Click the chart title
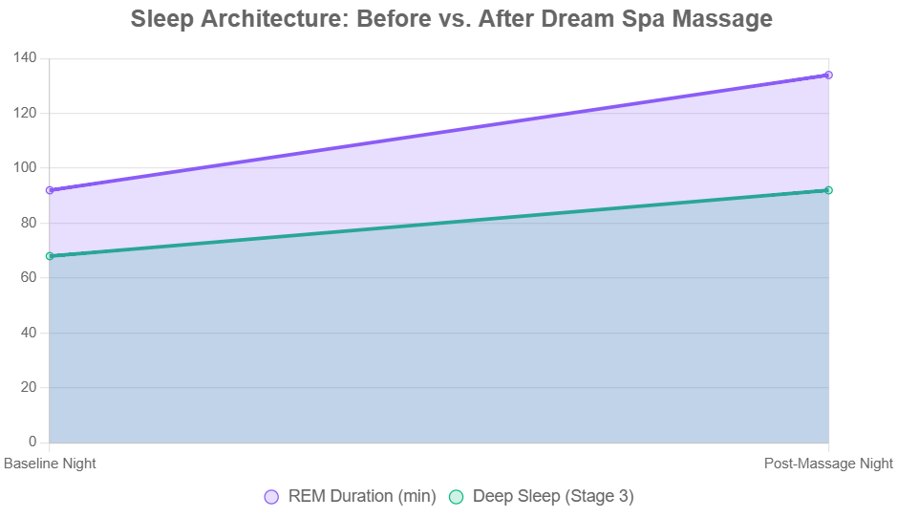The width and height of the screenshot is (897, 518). point(451,19)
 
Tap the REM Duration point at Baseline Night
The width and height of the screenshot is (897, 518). point(50,190)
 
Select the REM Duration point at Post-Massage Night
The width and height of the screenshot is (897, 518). point(828,75)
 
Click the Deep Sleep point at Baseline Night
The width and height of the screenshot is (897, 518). point(50,256)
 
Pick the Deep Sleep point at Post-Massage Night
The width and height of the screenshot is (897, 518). point(828,190)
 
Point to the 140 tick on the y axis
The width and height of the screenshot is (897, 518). point(25,58)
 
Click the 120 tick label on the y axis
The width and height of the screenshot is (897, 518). point(25,113)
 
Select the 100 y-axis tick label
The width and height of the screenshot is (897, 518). point(25,168)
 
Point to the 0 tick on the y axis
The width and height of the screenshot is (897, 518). point(32,442)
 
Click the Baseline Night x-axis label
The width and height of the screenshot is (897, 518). point(50,464)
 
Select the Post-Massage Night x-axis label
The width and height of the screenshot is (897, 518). point(828,464)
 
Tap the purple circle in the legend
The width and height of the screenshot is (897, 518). point(271,497)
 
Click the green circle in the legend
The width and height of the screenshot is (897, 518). point(456,497)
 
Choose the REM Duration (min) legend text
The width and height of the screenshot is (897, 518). point(362,497)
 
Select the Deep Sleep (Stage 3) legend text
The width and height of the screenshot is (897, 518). point(553,497)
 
